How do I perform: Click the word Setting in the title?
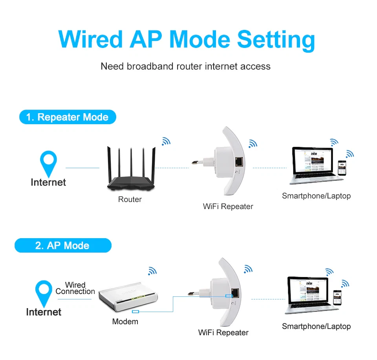[276, 40]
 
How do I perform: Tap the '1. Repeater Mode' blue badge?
[67, 117]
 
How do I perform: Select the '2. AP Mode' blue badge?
[62, 246]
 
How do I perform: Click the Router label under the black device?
[130, 200]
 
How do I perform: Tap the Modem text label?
[125, 321]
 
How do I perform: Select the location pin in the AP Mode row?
[44, 292]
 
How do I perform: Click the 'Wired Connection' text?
[75, 288]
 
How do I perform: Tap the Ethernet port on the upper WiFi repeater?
[238, 161]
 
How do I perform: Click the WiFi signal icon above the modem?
[152, 270]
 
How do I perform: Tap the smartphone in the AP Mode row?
[337, 298]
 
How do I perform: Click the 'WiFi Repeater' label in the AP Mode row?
[223, 332]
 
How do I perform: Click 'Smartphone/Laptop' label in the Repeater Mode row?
[316, 196]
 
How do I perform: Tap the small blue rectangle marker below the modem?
[135, 312]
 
